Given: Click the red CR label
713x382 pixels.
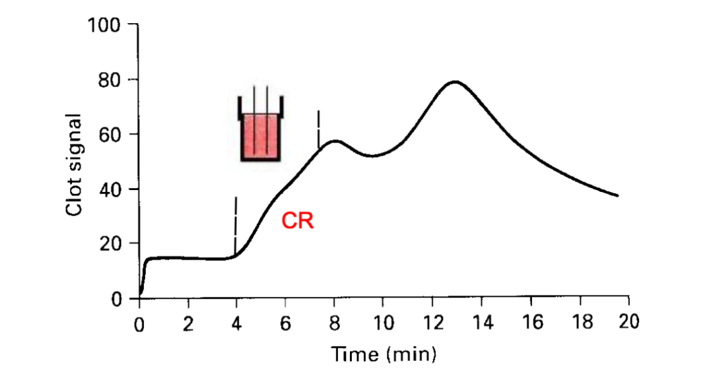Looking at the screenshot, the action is [297, 221].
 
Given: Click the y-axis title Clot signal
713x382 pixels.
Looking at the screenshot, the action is [74, 164].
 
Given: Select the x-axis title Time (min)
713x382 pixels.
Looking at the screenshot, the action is [384, 354].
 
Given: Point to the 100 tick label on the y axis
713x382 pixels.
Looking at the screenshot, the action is [104, 25].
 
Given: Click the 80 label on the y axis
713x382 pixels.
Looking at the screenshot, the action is [110, 80].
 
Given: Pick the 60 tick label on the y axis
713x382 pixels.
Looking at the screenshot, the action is [110, 135].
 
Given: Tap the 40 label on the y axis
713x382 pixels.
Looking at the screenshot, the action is [110, 189].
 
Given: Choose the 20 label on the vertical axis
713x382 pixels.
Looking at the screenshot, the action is [110, 244].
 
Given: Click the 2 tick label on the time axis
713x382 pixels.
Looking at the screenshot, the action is [188, 324].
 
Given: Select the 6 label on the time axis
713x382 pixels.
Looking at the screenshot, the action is [285, 324].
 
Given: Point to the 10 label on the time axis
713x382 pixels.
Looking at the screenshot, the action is [384, 323].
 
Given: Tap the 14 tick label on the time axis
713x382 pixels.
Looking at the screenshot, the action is [483, 323].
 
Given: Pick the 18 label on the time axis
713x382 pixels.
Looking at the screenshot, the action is [582, 321].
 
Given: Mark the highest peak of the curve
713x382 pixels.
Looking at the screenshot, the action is [455, 82].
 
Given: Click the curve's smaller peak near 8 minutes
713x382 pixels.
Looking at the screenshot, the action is [335, 141].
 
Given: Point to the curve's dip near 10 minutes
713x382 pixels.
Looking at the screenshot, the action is [372, 156].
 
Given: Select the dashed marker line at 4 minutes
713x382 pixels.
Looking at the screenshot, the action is [235, 226].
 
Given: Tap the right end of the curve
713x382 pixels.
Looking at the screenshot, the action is [617, 196].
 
